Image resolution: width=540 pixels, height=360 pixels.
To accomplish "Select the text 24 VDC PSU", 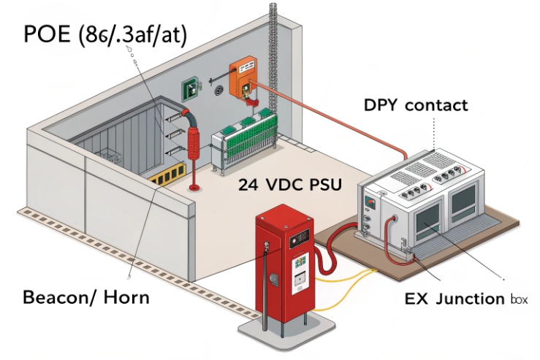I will click(289, 185).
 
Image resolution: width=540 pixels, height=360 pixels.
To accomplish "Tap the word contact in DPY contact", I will click(436, 105).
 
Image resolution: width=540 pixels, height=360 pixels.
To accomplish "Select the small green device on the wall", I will click(191, 88).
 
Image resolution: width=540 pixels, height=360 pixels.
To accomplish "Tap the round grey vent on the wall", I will click(217, 91).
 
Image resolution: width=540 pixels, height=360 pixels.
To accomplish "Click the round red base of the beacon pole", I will click(195, 188).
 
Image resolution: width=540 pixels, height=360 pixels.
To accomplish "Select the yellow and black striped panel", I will click(166, 176).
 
